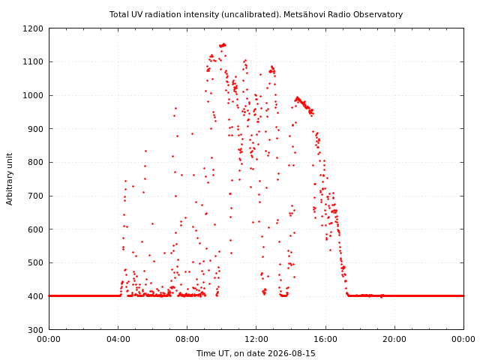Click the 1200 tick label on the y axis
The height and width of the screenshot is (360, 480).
(x=33, y=28)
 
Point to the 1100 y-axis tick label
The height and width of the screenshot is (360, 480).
(x=33, y=61)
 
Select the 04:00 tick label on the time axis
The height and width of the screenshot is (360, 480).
(x=118, y=339)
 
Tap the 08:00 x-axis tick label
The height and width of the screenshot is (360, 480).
(x=187, y=339)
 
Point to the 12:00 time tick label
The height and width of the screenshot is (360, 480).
(x=256, y=339)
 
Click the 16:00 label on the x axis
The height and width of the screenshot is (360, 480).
(x=325, y=339)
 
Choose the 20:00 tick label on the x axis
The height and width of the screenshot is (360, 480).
(x=395, y=339)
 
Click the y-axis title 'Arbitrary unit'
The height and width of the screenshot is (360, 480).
(x=10, y=179)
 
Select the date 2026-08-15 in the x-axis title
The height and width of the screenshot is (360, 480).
(x=292, y=353)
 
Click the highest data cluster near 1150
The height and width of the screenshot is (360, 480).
(x=223, y=45)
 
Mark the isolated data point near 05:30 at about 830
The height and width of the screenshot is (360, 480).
(x=145, y=151)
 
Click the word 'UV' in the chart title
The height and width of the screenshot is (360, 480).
(x=138, y=14)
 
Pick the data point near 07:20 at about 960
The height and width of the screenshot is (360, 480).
(x=175, y=108)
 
